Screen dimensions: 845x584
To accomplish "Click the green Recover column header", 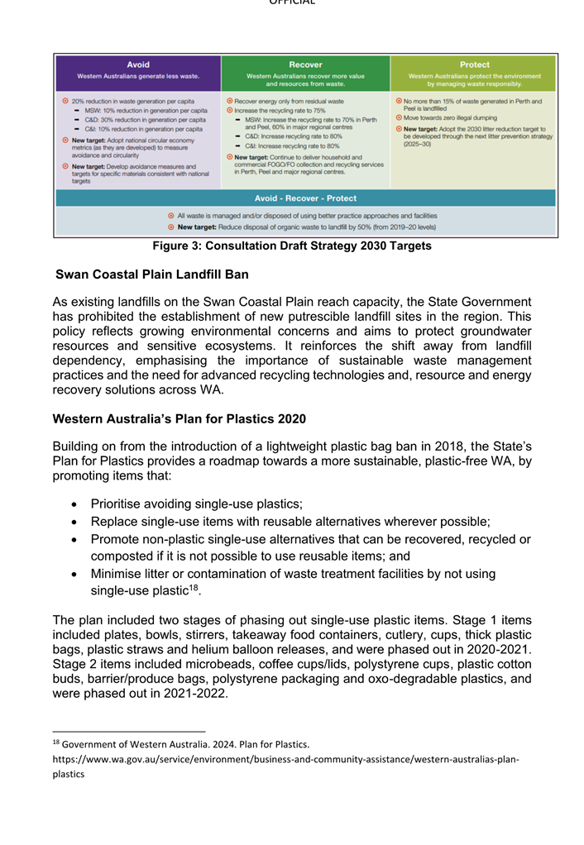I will (305, 73).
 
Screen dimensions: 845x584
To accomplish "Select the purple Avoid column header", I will (138, 73).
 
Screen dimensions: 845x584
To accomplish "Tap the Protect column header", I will (474, 73).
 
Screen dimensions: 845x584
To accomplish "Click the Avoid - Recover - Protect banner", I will (306, 198).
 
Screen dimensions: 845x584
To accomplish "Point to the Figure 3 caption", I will (291, 246).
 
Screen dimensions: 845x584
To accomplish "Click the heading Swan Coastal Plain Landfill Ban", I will (151, 274).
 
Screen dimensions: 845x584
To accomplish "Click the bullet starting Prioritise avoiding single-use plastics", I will (196, 504).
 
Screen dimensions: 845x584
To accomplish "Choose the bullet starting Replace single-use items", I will (290, 522).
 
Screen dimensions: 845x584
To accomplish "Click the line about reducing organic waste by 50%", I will (305, 227).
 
